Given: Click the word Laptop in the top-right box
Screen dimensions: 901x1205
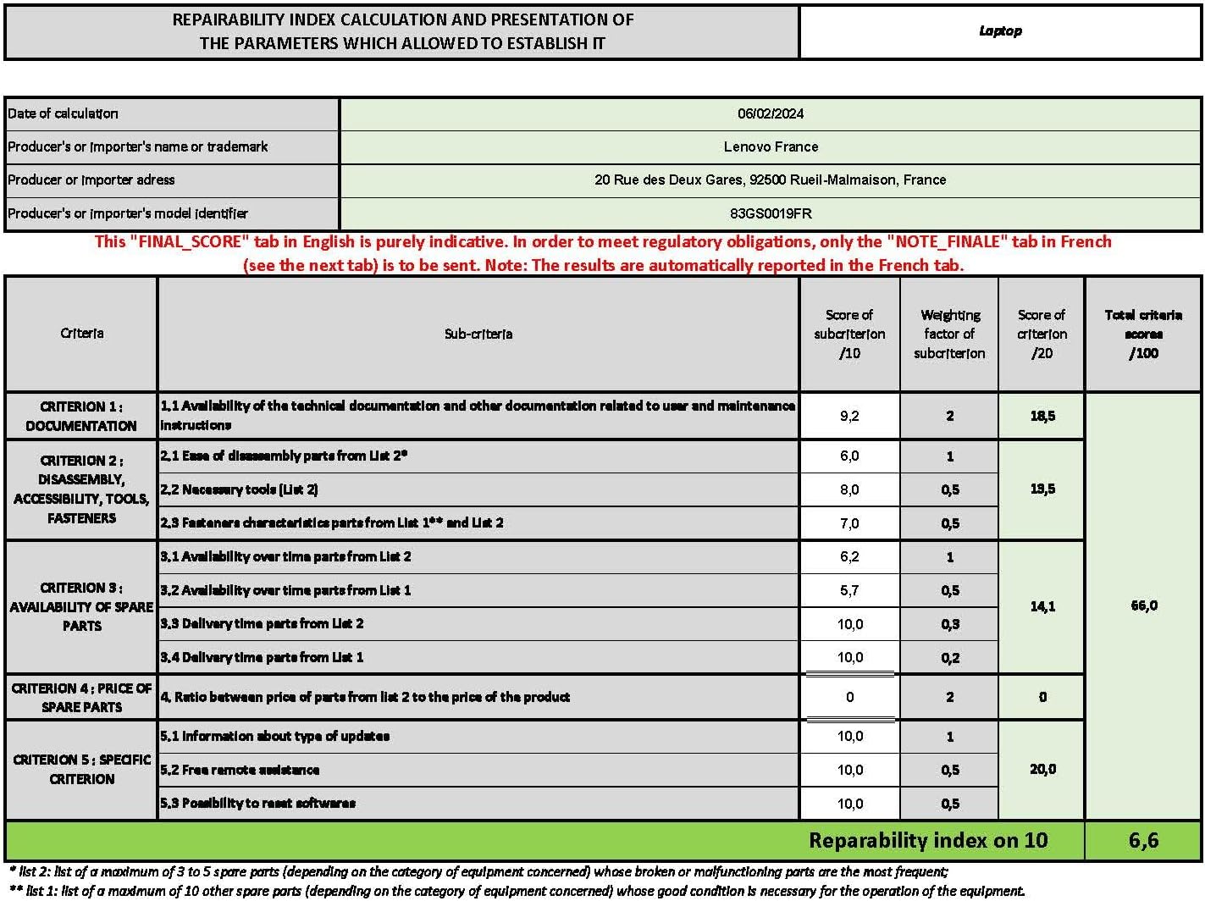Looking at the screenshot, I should (x=1000, y=31).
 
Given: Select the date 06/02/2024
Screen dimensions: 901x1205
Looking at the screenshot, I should (x=771, y=113).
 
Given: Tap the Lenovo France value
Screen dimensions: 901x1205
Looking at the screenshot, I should (x=771, y=146).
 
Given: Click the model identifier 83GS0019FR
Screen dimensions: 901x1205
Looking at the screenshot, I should (x=771, y=213).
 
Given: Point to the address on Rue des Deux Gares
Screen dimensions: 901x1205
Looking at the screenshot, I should (x=771, y=180).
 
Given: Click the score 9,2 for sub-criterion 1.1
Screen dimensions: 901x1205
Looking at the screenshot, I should (x=849, y=416).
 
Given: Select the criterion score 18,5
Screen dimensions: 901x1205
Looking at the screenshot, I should (x=1042, y=416).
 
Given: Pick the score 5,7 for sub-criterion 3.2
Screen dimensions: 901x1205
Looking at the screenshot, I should (x=849, y=590).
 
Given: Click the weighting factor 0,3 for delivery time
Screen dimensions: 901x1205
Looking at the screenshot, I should (x=950, y=624).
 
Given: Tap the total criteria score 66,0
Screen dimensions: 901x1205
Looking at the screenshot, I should (x=1144, y=605).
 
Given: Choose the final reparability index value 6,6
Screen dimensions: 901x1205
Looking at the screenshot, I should (x=1143, y=840).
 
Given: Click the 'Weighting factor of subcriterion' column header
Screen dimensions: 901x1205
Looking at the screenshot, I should (x=949, y=334).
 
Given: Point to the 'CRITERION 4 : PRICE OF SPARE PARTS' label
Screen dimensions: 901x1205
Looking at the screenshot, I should (x=82, y=697).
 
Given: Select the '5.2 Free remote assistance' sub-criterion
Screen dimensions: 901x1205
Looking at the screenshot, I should (x=240, y=770).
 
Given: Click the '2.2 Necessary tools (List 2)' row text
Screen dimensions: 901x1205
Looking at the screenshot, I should (x=239, y=489).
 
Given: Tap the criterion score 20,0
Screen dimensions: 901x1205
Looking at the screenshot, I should (x=1042, y=769).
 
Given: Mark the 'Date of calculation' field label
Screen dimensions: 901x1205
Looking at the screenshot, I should (x=63, y=113).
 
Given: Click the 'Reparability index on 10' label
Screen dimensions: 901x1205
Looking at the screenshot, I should (x=928, y=840).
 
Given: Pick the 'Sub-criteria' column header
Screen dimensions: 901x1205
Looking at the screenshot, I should (x=478, y=334).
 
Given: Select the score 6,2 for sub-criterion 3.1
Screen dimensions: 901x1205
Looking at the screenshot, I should (x=849, y=556).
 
